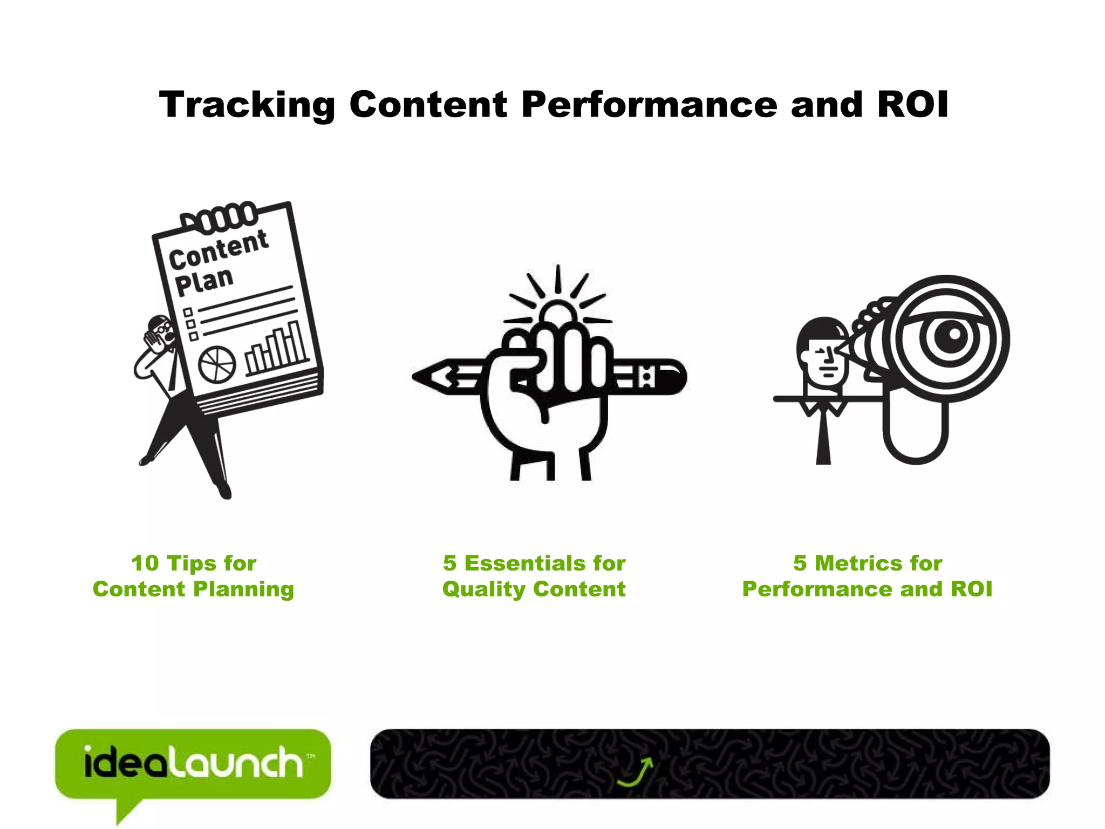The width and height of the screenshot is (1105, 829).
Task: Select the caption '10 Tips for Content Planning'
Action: click(194, 576)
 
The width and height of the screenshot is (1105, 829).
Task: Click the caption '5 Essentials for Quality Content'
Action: click(534, 576)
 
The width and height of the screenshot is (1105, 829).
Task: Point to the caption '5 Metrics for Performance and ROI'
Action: click(867, 576)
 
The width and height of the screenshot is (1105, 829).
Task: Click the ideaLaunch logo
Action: click(193, 764)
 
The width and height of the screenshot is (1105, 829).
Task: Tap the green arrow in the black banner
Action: click(637, 771)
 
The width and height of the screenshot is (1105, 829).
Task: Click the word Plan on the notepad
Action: click(204, 281)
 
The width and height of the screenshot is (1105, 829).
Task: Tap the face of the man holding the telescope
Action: click(823, 359)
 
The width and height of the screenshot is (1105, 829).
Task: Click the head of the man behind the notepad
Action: click(161, 330)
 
